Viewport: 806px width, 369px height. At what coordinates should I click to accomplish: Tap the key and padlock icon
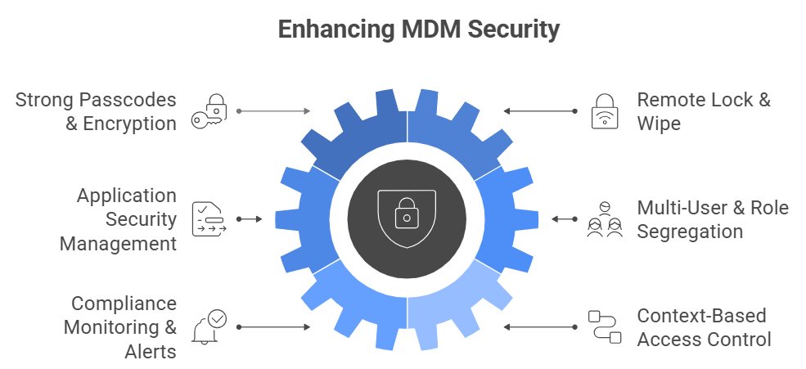209,110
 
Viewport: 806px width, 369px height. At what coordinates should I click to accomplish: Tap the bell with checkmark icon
209,327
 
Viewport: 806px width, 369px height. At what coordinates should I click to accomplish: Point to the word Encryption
129,124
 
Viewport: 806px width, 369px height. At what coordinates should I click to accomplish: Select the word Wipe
659,124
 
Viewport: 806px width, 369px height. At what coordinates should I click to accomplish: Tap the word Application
127,196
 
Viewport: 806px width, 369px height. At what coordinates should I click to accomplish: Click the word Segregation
690,232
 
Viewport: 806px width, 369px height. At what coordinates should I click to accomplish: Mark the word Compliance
124,304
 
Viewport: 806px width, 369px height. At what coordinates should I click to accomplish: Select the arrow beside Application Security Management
249,219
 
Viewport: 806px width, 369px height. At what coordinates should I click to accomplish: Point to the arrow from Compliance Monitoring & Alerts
273,327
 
